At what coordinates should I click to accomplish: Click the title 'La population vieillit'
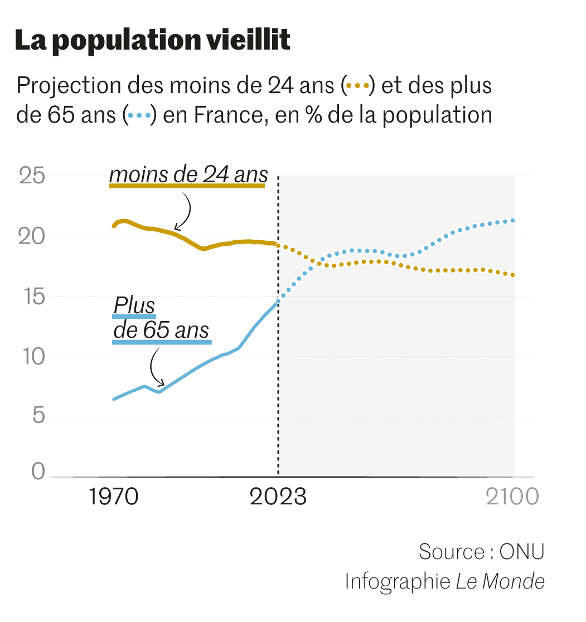(152, 41)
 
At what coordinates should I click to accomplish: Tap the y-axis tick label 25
(32, 176)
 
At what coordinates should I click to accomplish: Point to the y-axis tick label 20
(32, 236)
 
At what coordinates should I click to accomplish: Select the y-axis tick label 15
(32, 297)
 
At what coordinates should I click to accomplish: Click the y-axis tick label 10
(32, 357)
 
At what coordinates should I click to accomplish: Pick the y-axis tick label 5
(36, 417)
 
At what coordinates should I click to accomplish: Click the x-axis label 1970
(114, 496)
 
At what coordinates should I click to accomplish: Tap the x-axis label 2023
(278, 496)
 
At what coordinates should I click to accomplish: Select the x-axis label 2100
(512, 496)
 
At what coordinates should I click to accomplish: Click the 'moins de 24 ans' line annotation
(188, 175)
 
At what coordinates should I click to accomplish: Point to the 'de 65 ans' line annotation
(161, 330)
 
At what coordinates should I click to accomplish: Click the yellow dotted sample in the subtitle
(357, 86)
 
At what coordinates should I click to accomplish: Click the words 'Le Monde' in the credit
(500, 581)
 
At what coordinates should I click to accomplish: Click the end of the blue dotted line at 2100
(512, 221)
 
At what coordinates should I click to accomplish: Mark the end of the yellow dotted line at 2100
(512, 275)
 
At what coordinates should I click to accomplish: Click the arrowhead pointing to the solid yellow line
(176, 228)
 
